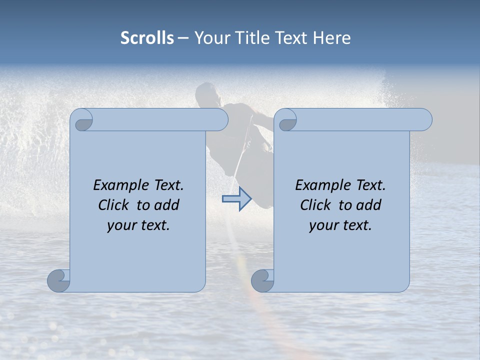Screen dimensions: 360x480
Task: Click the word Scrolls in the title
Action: tap(147, 38)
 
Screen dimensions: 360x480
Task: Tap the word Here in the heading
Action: tap(331, 38)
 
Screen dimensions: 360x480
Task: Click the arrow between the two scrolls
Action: tap(236, 199)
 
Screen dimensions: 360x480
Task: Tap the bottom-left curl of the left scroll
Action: tap(59, 280)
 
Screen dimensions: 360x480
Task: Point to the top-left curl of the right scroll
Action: tap(286, 120)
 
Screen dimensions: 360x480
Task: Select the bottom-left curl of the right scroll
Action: tap(262, 280)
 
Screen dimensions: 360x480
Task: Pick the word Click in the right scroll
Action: tap(315, 205)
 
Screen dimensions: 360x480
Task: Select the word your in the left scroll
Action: tap(120, 225)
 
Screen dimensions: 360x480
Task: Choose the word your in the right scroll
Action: tap(322, 225)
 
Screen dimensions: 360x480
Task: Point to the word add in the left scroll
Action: tap(167, 205)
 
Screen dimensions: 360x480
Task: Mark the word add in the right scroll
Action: tap(369, 205)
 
